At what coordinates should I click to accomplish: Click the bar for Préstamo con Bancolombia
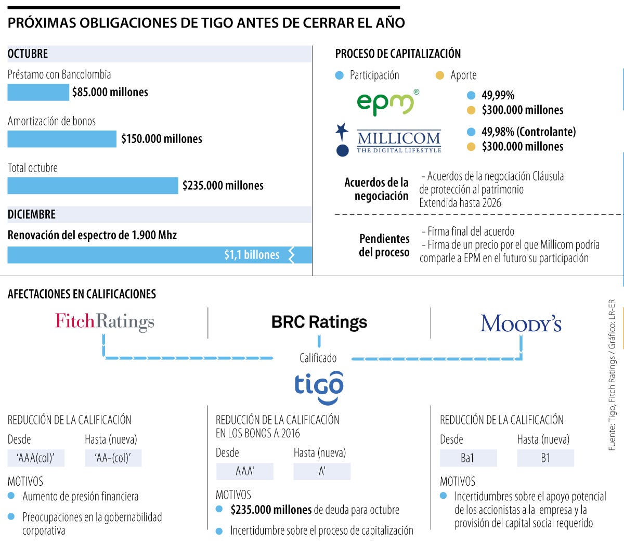[x=38, y=92]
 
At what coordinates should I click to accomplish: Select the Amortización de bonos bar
[x=62, y=139]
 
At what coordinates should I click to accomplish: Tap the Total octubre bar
[x=93, y=186]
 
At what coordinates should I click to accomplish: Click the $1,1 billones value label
[x=252, y=255]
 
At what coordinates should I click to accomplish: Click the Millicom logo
[x=389, y=139]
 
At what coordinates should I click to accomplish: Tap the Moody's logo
[x=521, y=323]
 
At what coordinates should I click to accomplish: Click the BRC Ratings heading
[x=319, y=322]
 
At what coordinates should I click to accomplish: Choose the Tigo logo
[x=319, y=386]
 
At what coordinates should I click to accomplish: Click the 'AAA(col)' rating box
[x=36, y=458]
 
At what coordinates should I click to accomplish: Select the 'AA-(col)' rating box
[x=113, y=458]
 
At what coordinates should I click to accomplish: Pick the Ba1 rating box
[x=468, y=458]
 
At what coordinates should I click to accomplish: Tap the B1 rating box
[x=545, y=458]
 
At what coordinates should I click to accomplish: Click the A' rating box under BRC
[x=322, y=471]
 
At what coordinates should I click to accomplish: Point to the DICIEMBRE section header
[x=32, y=214]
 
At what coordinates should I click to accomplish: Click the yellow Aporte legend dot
[x=440, y=75]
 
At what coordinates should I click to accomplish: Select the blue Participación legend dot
[x=340, y=75]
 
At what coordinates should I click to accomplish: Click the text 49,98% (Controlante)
[x=528, y=132]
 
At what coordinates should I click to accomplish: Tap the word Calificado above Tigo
[x=318, y=358]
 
